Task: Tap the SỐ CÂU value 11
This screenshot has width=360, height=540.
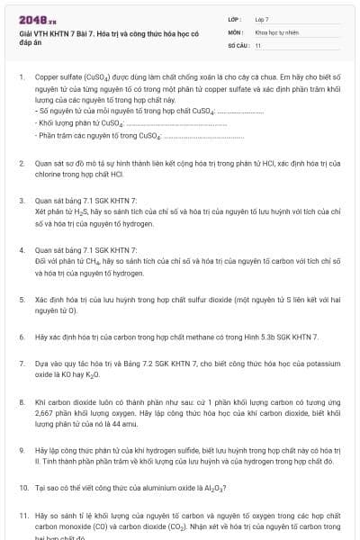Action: click(x=258, y=44)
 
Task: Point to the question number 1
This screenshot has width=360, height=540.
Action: click(x=22, y=78)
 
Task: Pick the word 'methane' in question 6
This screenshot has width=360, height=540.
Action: click(x=212, y=337)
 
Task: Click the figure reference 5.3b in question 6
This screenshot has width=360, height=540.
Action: click(x=266, y=337)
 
